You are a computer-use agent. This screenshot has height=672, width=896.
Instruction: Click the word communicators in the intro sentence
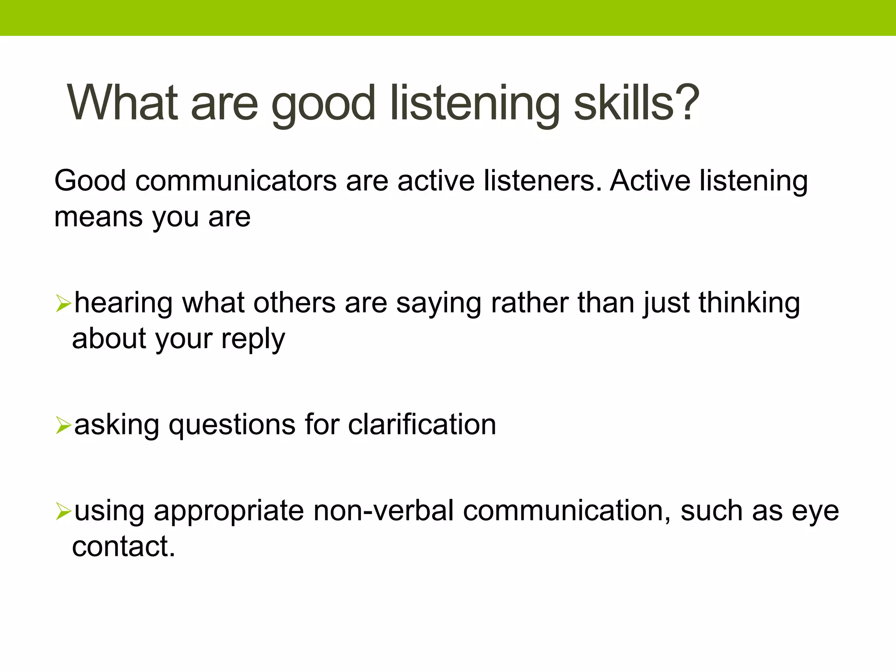coord(236,181)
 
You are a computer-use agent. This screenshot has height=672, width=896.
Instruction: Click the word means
coord(98,217)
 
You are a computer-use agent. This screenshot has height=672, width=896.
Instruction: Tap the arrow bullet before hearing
coord(63,303)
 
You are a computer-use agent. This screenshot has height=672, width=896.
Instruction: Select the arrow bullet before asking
coord(63,425)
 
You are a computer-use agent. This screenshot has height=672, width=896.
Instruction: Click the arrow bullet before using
coord(63,511)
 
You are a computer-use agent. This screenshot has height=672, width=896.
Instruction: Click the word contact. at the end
coord(123,547)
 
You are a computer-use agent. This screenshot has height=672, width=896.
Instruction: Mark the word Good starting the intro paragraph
coord(90,181)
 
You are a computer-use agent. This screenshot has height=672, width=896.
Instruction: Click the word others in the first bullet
coord(294,303)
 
